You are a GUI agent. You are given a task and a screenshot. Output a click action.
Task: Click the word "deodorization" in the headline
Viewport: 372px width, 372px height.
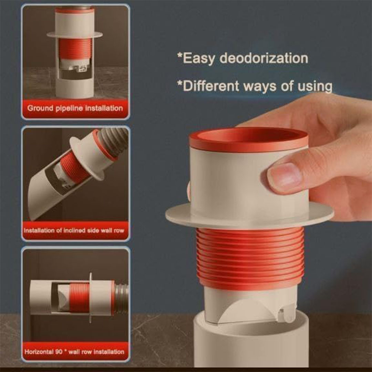(x=263, y=58)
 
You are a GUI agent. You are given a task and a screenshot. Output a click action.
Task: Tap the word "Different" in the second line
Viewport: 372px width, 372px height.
(x=211, y=86)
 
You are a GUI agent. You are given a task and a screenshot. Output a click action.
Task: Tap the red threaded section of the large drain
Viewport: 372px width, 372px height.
(x=250, y=258)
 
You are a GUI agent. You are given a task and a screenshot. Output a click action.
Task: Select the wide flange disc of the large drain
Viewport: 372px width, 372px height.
(x=250, y=216)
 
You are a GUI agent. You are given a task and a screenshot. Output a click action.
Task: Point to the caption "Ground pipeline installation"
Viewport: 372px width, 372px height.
(x=75, y=108)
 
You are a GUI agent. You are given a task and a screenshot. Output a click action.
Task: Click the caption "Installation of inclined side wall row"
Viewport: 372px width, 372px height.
(x=74, y=230)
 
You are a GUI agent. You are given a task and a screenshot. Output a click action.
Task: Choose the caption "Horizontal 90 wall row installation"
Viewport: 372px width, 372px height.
(x=74, y=351)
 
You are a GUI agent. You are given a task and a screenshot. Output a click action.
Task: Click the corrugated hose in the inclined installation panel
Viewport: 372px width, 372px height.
(x=113, y=142)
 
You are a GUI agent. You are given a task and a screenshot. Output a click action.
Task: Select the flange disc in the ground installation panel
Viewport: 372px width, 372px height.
(x=75, y=35)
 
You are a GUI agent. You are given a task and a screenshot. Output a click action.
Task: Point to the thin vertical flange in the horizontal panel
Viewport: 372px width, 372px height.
(x=90, y=298)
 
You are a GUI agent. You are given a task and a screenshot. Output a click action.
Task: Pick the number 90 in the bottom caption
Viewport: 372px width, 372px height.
(x=59, y=351)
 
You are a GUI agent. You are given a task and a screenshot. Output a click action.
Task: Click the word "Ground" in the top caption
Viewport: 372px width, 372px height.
(x=40, y=108)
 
